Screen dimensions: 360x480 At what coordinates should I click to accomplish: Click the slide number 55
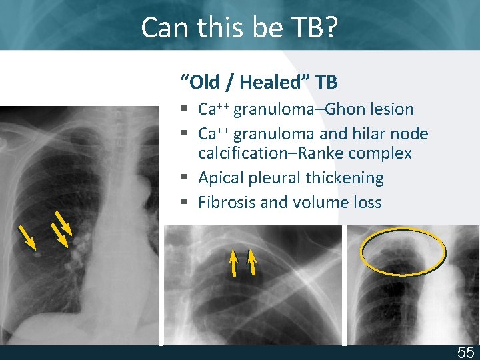click(465, 353)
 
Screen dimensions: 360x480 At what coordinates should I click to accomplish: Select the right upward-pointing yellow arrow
click(252, 262)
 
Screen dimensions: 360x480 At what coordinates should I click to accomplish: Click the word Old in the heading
click(203, 83)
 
